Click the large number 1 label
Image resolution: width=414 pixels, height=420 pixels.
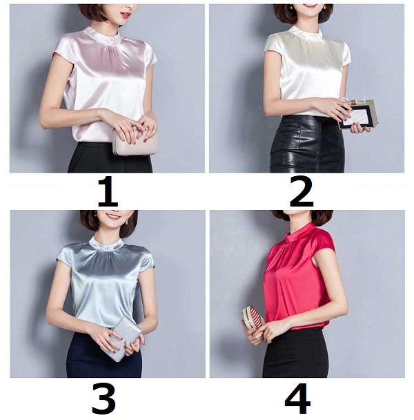click(x=108, y=191)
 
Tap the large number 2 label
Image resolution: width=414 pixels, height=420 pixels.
click(x=302, y=192)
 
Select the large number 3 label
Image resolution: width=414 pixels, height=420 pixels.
click(x=104, y=399)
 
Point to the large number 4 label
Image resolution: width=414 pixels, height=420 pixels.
click(x=297, y=399)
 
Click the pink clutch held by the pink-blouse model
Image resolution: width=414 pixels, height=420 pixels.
click(x=134, y=142)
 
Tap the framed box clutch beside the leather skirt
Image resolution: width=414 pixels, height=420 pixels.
click(x=358, y=115)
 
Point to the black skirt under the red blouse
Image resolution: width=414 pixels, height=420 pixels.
click(x=296, y=354)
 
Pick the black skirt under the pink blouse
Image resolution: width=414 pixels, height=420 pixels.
click(x=110, y=158)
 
